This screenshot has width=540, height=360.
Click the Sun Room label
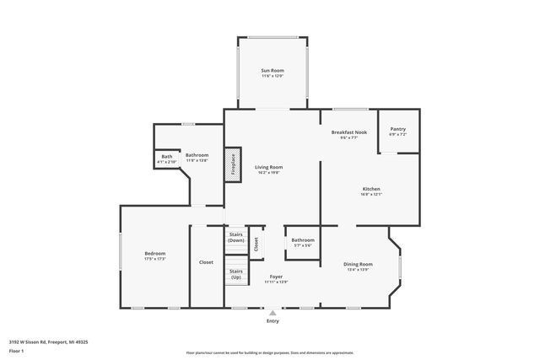pyautogui.click(x=272, y=72)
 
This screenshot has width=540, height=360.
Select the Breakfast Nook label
pyautogui.click(x=348, y=132)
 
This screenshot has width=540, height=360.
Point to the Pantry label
pyautogui.click(x=397, y=129)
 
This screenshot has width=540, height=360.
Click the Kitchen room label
pyautogui.click(x=371, y=188)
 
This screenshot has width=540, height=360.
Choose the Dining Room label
pyautogui.click(x=358, y=264)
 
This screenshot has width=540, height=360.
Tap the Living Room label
pyautogui.click(x=269, y=167)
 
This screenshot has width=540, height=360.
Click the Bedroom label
pyautogui.click(x=154, y=253)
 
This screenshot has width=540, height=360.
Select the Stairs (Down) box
pyautogui.click(x=236, y=237)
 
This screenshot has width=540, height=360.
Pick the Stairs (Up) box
pyautogui.click(x=236, y=275)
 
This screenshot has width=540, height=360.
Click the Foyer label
pyautogui.click(x=276, y=276)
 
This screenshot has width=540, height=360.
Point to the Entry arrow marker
pyautogui.click(x=273, y=313)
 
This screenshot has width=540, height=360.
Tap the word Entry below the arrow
pyautogui.click(x=273, y=321)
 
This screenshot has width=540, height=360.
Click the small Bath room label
pyautogui.click(x=167, y=156)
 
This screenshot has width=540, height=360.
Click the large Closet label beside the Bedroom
pyautogui.click(x=206, y=262)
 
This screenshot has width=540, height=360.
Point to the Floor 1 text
pyautogui.click(x=17, y=350)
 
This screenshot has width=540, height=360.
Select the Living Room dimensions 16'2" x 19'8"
pyautogui.click(x=269, y=173)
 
